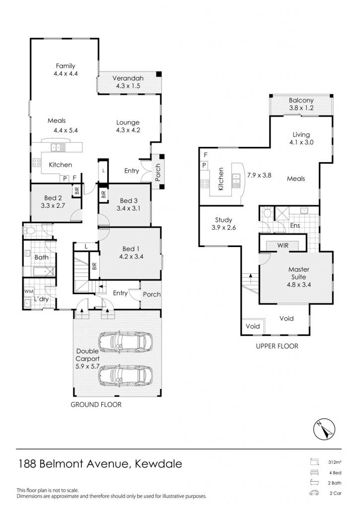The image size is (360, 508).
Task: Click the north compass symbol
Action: pyautogui.click(x=324, y=429)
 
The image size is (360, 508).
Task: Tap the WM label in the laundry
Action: pyautogui.click(x=29, y=291)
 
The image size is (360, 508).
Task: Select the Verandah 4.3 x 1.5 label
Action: pyautogui.click(x=128, y=82)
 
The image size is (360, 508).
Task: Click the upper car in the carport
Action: pyautogui.click(x=126, y=342)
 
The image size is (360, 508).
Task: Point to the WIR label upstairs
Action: pyautogui.click(x=283, y=245)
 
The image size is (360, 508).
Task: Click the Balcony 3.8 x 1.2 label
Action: pyautogui.click(x=301, y=104)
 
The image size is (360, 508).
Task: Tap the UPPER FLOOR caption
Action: pyautogui.click(x=277, y=346)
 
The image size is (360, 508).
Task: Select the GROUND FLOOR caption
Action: pyautogui.click(x=96, y=404)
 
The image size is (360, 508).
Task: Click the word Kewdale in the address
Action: pyautogui.click(x=158, y=464)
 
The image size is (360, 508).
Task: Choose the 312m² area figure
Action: pyautogui.click(x=334, y=462)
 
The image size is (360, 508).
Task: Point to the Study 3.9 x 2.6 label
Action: pyautogui.click(x=223, y=224)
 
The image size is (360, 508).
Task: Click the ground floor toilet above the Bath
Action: pyautogui.click(x=29, y=231)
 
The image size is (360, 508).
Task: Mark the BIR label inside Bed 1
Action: pyautogui.click(x=94, y=266)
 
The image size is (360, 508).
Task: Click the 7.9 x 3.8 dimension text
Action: pyautogui.click(x=259, y=175)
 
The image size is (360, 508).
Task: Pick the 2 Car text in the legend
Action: pyautogui.click(x=335, y=493)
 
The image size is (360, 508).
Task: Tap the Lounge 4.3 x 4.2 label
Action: pyautogui.click(x=128, y=126)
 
